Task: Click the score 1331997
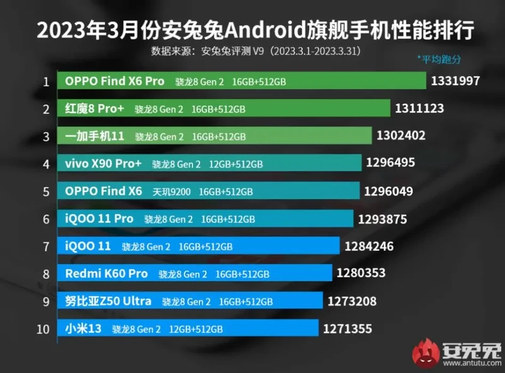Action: [x=456, y=81]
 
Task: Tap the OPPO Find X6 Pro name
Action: [x=114, y=81]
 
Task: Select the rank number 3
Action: [x=46, y=136]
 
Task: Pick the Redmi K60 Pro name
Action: [x=106, y=274]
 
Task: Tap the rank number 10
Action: [x=44, y=329]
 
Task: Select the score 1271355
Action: [x=347, y=329]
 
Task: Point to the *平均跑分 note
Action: [x=439, y=59]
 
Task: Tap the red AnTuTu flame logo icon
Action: [x=426, y=354]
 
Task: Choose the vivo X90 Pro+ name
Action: [x=104, y=164]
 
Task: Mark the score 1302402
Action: [x=401, y=136]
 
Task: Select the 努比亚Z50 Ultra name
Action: [x=108, y=301]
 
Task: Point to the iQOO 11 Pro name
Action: [x=99, y=219]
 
